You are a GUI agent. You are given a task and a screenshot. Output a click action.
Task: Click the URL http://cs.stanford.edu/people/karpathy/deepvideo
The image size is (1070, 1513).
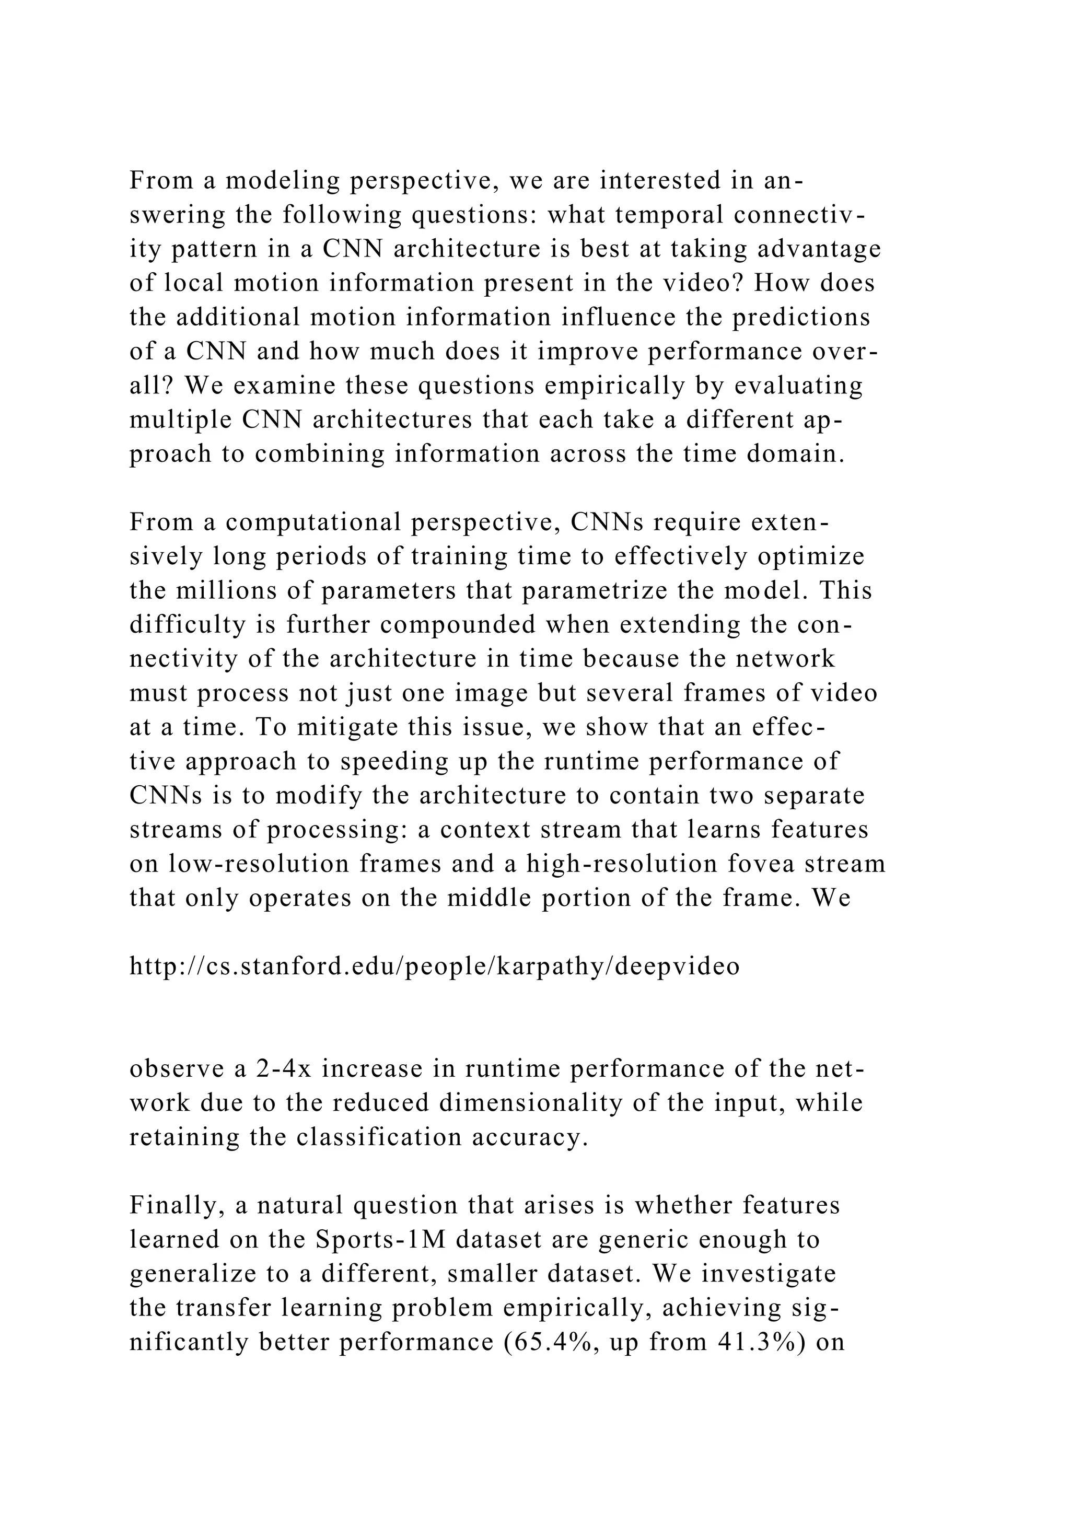434,966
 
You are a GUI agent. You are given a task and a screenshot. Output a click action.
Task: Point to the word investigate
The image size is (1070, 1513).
769,1274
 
